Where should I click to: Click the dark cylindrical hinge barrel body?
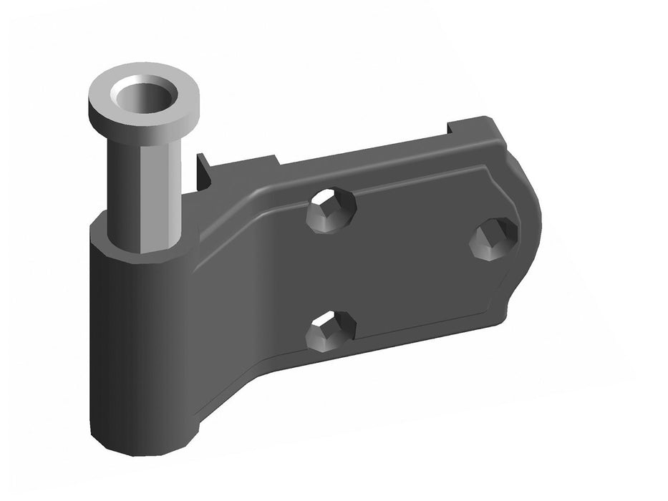click(136, 344)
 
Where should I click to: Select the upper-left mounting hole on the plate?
click(331, 210)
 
